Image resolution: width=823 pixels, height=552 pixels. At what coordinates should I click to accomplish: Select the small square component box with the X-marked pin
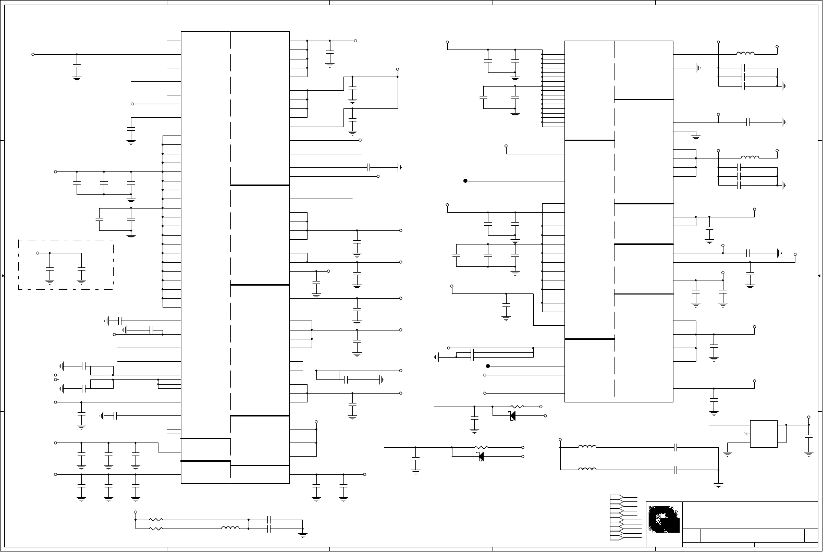[x=764, y=434]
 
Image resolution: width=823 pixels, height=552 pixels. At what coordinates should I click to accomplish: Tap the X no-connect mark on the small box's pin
[x=746, y=434]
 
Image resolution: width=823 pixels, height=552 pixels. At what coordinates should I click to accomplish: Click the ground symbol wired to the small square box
[x=728, y=453]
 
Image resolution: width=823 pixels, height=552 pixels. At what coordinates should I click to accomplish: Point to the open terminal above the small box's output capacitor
[x=808, y=418]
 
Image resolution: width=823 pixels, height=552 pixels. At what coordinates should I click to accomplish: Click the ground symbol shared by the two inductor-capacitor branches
[x=718, y=485]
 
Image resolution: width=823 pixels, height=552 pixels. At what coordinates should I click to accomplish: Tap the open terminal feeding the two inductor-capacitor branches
[x=560, y=439]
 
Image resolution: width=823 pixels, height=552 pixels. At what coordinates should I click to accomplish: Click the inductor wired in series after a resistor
[x=230, y=528]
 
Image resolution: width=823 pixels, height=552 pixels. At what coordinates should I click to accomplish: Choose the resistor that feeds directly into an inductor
[x=156, y=529]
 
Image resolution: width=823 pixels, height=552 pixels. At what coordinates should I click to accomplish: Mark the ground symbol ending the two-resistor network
[x=303, y=534]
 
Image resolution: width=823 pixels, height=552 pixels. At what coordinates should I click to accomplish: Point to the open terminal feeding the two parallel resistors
[x=136, y=512]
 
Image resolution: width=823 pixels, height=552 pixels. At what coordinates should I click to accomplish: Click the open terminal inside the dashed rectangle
[x=38, y=253]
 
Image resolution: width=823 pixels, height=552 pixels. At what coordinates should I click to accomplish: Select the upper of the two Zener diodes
[x=512, y=415]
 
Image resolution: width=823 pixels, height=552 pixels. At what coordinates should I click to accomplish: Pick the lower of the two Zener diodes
[x=481, y=457]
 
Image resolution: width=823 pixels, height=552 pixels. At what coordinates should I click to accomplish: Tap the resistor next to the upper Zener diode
[x=517, y=407]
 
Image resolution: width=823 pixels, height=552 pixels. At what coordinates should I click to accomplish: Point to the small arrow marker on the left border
[x=3, y=276]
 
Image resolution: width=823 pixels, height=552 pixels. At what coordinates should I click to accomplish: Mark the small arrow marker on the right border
[x=819, y=276]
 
